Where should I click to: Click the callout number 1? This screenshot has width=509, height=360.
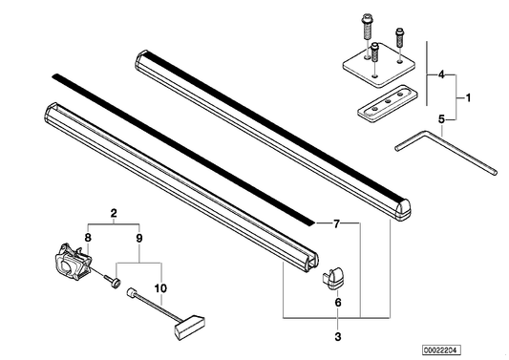point(468,97)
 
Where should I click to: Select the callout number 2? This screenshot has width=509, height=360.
point(114,214)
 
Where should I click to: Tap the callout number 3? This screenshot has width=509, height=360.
point(338,337)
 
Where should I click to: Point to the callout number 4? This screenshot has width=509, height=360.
point(441,74)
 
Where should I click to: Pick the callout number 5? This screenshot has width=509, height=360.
point(441,119)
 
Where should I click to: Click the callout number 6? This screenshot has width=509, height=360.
point(338,303)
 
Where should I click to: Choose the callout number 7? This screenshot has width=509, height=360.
point(336,223)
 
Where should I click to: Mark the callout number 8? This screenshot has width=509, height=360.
point(88,238)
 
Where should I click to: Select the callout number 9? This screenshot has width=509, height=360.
point(138,239)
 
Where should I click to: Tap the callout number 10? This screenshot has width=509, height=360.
point(160,288)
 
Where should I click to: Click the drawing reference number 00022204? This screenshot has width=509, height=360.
point(441,350)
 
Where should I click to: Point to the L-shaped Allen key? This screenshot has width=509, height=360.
point(446,150)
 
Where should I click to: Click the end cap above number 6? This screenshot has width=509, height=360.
point(333,278)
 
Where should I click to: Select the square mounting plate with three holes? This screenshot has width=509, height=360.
point(379,65)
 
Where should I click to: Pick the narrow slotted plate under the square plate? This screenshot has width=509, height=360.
point(388,104)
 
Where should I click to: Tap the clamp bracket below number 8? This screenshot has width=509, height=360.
point(73,262)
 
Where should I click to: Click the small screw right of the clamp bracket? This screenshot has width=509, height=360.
point(113,281)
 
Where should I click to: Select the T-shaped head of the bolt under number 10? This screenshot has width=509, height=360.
point(190,327)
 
